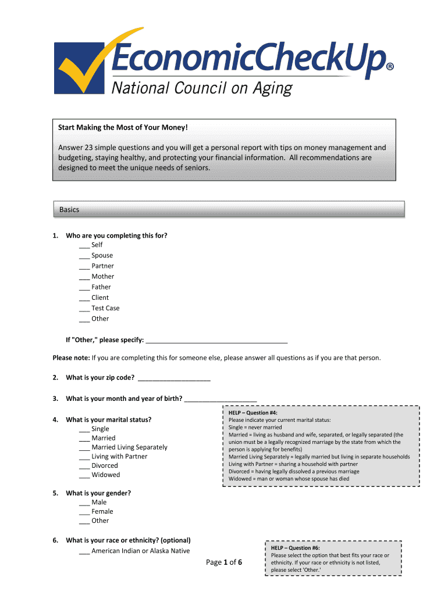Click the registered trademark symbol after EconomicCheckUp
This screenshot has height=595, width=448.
coord(390,67)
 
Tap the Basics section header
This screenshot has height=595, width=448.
coord(69,210)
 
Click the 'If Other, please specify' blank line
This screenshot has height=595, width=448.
coord(216,340)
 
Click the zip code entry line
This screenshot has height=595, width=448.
coord(174,378)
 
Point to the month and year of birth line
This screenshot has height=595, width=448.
coord(221,399)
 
